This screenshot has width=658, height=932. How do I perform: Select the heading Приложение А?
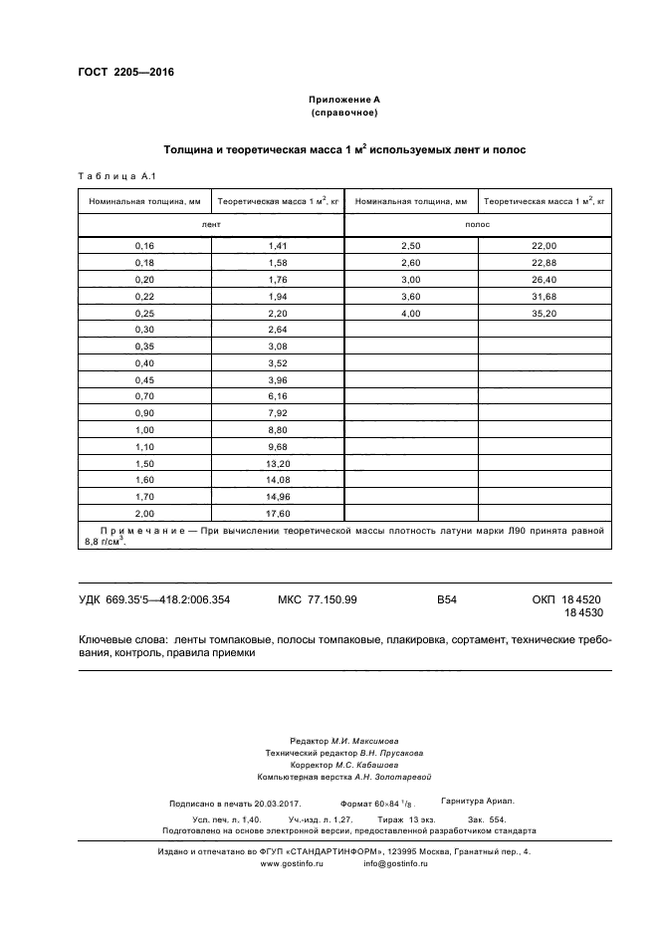click(x=342, y=101)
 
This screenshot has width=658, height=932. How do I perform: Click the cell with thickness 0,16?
click(x=144, y=246)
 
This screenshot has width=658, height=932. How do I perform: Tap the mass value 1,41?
click(x=277, y=246)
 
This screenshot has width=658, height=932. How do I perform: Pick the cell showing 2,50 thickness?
click(x=410, y=246)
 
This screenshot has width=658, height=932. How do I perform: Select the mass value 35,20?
click(x=544, y=314)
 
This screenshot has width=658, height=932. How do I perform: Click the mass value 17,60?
click(x=277, y=513)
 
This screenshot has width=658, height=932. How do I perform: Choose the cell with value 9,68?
click(x=277, y=446)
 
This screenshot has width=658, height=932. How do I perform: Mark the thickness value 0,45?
click(x=144, y=379)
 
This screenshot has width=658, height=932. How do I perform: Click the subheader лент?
click(x=211, y=225)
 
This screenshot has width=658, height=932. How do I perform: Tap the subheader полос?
click(x=477, y=225)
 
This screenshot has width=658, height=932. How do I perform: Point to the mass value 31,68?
click(x=544, y=297)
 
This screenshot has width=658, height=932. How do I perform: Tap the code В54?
click(x=446, y=599)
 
